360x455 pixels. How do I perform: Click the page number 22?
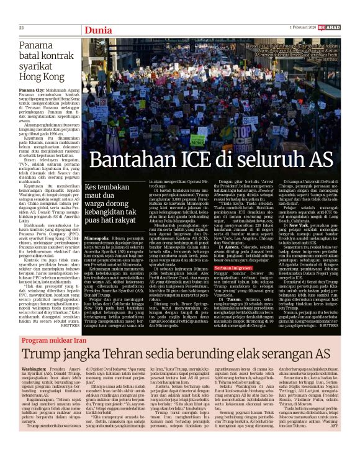(21, 28)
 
